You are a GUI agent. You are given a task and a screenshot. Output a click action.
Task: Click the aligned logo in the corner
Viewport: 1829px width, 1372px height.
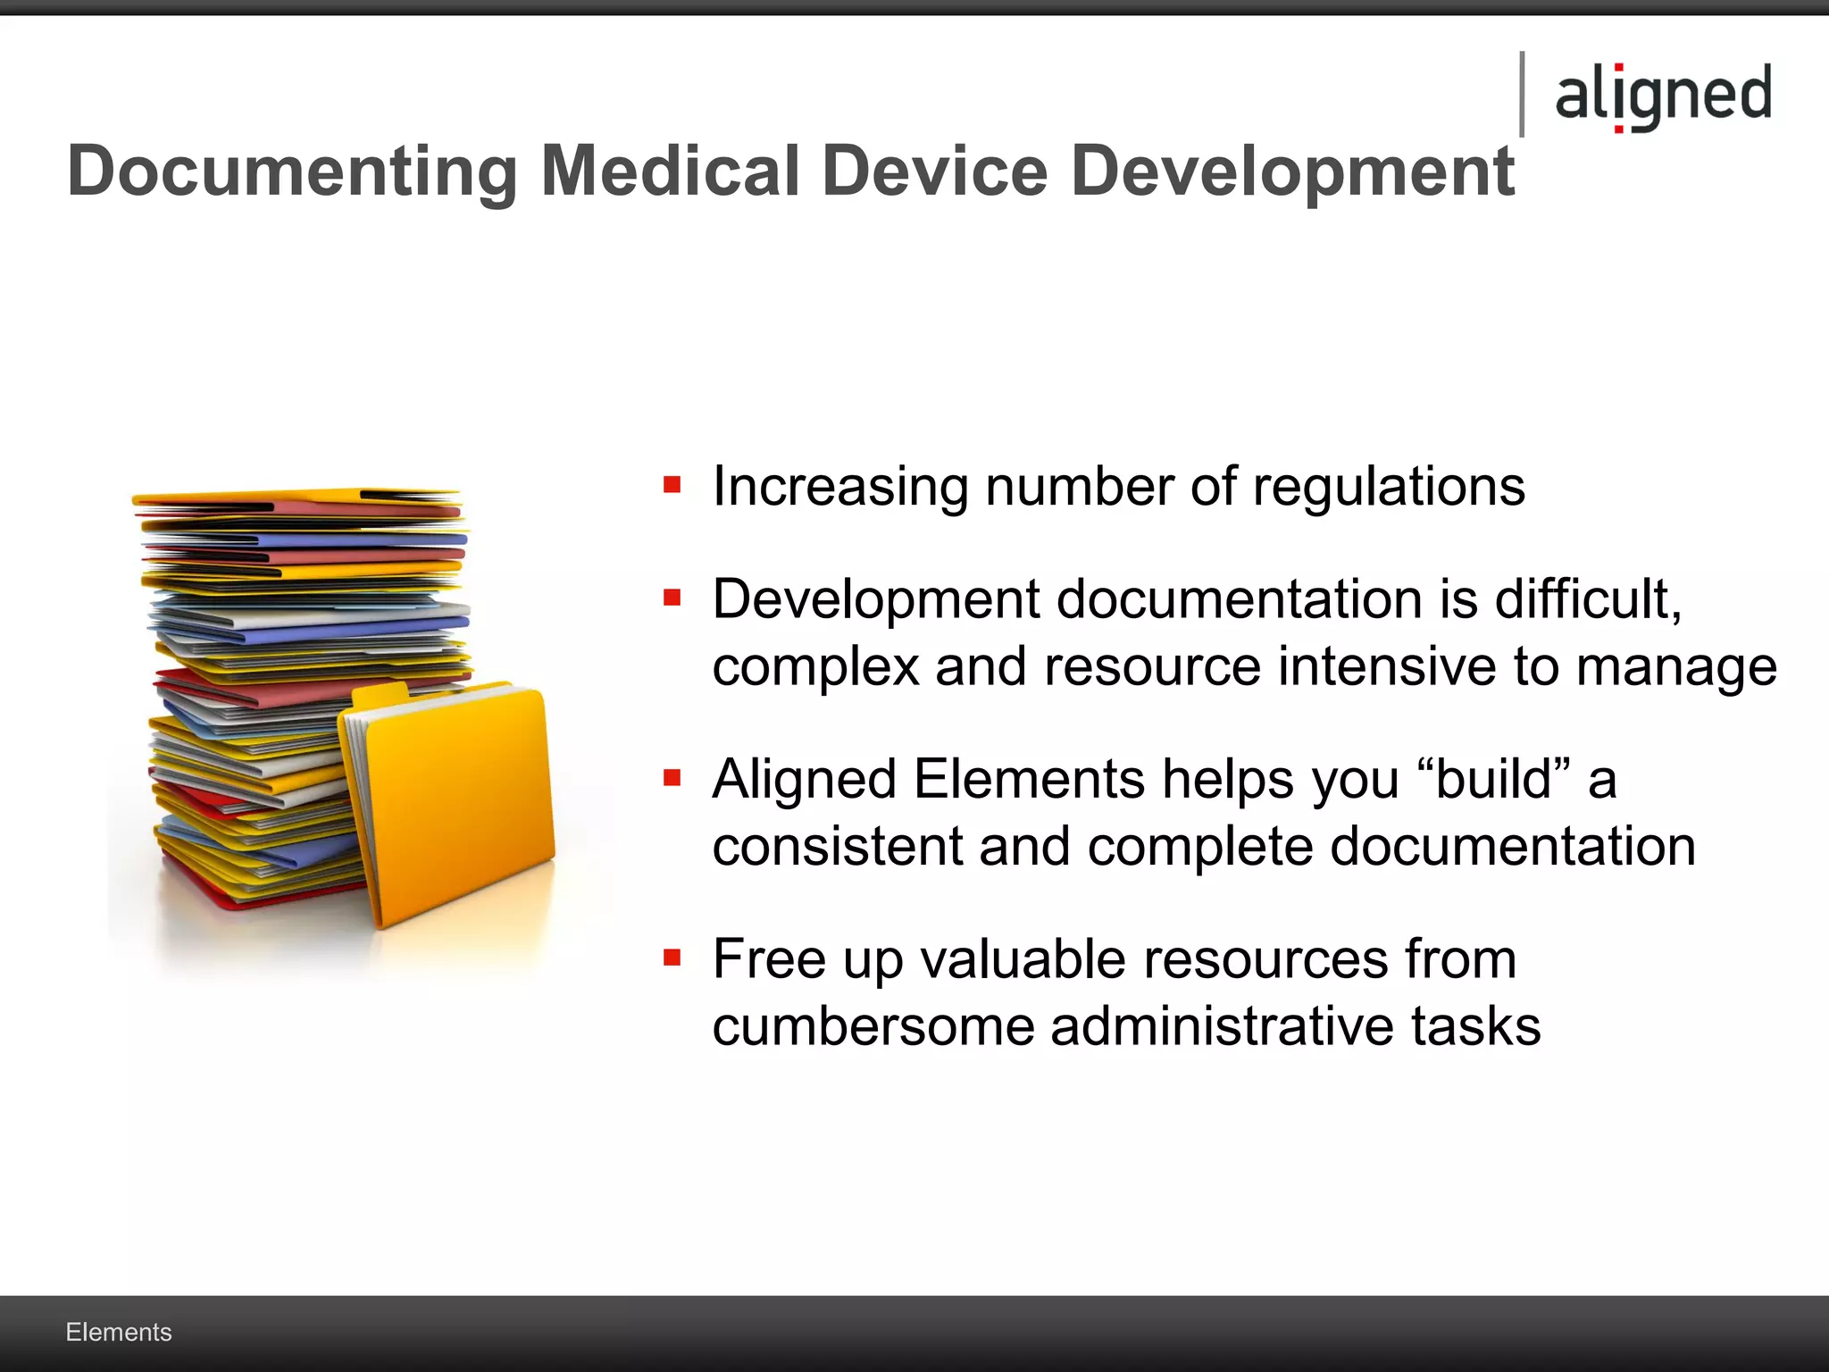(x=1663, y=96)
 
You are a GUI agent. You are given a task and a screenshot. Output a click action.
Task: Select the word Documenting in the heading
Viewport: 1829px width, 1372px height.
(x=292, y=172)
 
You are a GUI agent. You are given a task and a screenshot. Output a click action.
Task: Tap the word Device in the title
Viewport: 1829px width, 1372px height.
(x=934, y=171)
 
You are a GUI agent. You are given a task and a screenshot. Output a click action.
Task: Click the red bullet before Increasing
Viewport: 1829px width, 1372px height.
(x=672, y=486)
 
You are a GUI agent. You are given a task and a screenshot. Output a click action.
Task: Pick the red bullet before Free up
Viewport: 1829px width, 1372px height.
(x=672, y=958)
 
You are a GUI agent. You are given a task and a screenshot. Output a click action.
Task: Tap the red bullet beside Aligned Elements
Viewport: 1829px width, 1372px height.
(x=672, y=778)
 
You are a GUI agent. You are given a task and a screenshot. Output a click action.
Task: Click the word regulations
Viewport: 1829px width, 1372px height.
(x=1388, y=488)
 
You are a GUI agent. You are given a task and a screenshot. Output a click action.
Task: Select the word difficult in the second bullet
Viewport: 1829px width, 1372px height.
(x=1587, y=598)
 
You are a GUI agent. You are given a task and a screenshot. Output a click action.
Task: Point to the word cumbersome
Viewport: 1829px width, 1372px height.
(x=872, y=1026)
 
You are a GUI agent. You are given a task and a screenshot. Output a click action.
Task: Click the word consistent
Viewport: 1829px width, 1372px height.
(x=837, y=847)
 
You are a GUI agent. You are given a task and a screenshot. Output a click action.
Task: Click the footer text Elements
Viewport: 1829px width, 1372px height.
(x=119, y=1332)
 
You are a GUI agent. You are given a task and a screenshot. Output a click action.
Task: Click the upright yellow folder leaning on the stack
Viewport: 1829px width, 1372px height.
(x=455, y=804)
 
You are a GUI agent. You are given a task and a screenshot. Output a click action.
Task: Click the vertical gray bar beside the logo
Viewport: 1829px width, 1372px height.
(x=1522, y=95)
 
